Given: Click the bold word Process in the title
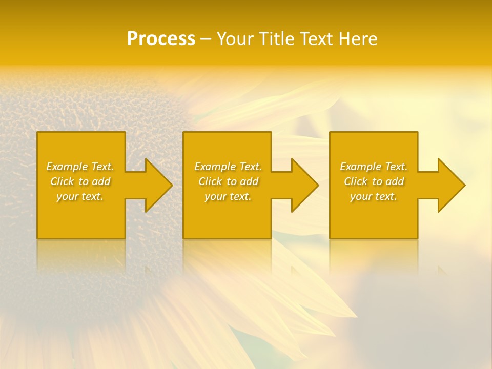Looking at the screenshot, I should coord(161,39).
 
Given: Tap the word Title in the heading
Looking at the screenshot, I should coord(278,39).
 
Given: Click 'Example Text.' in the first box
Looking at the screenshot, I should coord(80,167).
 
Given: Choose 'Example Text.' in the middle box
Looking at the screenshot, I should coord(228,167).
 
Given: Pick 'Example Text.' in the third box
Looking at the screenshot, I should coord(374,167).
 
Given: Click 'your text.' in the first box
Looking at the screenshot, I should coord(80,196).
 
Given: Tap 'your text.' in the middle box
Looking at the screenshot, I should coord(228,196).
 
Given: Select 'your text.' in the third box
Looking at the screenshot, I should coord(374,196).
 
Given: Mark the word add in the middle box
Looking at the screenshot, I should coord(250,181).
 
